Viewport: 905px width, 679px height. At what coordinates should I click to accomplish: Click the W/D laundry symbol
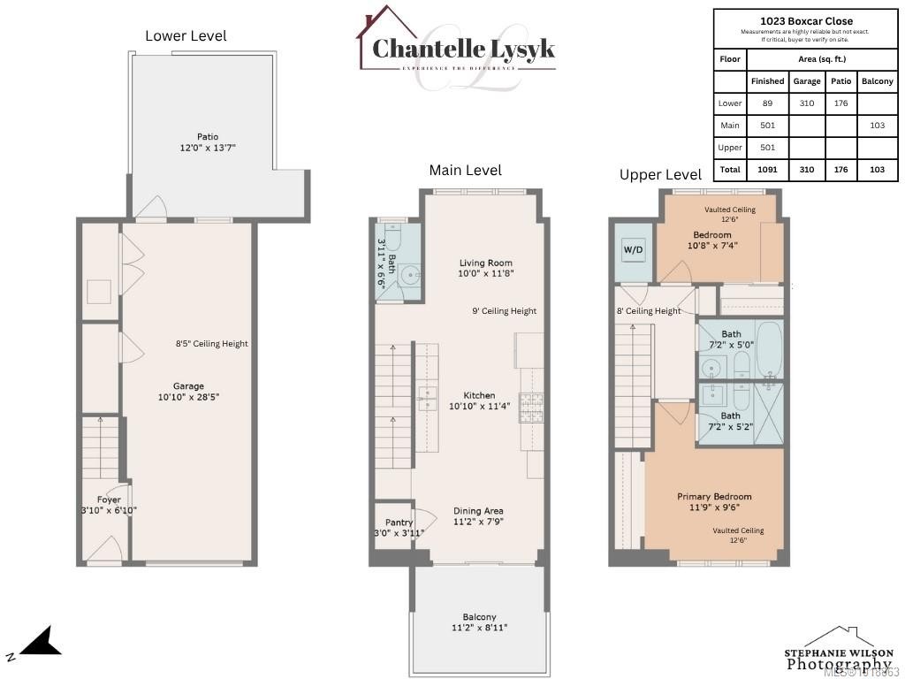point(634,250)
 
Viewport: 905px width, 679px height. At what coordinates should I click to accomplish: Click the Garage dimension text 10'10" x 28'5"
point(188,397)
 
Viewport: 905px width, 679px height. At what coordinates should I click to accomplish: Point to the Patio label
point(208,136)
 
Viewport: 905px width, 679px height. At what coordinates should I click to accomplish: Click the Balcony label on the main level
point(479,617)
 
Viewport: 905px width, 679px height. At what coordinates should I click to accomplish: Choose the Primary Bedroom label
point(714,497)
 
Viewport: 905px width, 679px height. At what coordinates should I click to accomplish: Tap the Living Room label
point(485,263)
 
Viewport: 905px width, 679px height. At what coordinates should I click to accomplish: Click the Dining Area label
point(479,511)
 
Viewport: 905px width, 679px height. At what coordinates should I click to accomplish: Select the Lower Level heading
point(186,36)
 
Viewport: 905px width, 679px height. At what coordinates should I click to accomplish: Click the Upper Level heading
point(660,175)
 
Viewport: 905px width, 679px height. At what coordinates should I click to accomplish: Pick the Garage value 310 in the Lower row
point(807,103)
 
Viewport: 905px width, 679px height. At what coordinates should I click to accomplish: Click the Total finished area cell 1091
point(767,169)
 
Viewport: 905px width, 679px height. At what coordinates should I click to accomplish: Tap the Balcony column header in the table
point(877,81)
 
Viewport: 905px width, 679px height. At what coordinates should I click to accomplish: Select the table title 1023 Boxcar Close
point(806,21)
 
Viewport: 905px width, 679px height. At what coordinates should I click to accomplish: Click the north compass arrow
point(39,643)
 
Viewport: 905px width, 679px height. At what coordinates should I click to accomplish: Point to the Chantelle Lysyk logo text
point(463,49)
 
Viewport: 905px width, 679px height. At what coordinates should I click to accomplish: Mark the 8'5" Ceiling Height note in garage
point(212,344)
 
